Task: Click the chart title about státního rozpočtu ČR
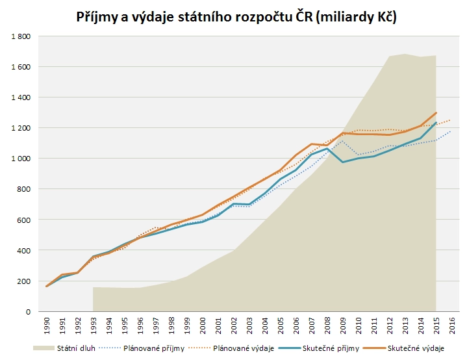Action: coord(236,17)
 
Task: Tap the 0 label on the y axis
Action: coord(29,312)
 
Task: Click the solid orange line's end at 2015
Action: coord(436,113)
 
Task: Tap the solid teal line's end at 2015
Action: coord(436,123)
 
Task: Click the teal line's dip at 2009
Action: coord(343,162)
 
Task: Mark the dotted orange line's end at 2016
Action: coord(451,120)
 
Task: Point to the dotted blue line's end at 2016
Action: coord(451,131)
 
